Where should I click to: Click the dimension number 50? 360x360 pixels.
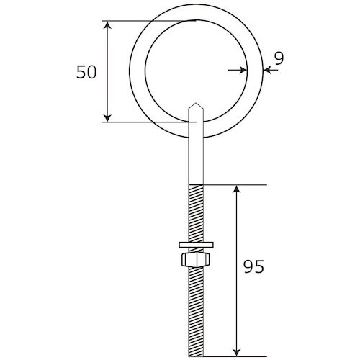(x=86, y=72)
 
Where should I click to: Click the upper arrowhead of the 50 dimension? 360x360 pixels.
(x=108, y=27)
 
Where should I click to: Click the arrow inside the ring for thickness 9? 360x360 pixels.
(x=241, y=70)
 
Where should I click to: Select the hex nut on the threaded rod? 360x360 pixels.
(x=195, y=258)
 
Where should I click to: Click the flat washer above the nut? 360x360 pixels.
(x=195, y=246)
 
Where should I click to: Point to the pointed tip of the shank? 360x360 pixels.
(x=195, y=106)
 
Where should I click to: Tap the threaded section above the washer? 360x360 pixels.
(x=195, y=212)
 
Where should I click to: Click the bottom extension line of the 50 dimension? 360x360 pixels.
(x=144, y=122)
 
